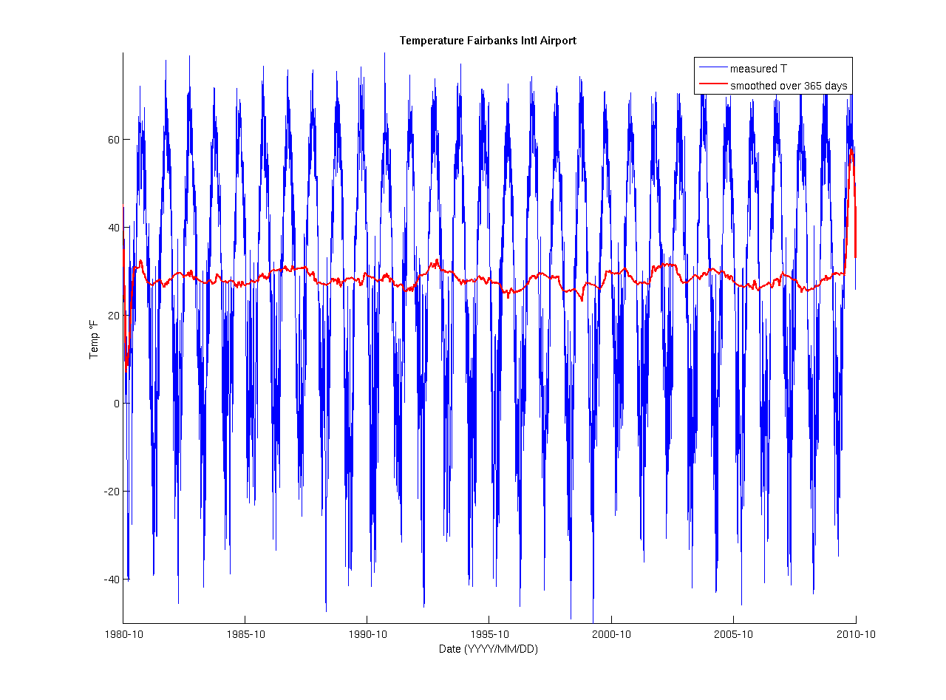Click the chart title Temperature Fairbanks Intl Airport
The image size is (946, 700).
pyautogui.click(x=488, y=41)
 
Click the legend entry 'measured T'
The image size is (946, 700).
pyautogui.click(x=759, y=69)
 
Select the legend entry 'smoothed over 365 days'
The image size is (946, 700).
pyautogui.click(x=789, y=86)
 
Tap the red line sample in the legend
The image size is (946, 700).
pyautogui.click(x=712, y=86)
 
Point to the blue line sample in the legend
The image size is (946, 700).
pyautogui.click(x=712, y=69)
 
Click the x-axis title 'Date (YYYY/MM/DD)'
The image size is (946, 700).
pyautogui.click(x=489, y=649)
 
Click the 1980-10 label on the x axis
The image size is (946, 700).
pyautogui.click(x=123, y=634)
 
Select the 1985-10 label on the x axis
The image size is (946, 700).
pyautogui.click(x=245, y=634)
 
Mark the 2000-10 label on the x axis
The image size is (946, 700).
pyautogui.click(x=611, y=634)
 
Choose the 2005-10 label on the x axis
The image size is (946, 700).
pyautogui.click(x=733, y=634)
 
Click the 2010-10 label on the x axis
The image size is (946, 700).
pyautogui.click(x=855, y=634)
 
